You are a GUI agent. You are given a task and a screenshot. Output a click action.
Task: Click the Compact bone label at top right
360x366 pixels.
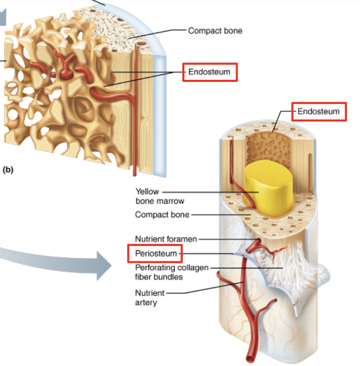coord(215,31)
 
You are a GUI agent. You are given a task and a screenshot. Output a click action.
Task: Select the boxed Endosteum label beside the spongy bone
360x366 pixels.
coord(210,73)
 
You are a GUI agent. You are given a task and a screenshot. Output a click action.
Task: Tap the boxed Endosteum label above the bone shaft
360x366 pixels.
coord(319,112)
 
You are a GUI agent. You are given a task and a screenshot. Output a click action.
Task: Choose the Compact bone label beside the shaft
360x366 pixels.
coord(162,214)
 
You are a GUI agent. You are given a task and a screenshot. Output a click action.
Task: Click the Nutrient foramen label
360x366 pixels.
coord(166,239)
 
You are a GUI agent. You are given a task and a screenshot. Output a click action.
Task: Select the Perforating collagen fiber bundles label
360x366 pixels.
coord(172,273)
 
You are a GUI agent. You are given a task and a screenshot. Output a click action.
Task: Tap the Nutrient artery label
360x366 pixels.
coord(150,298)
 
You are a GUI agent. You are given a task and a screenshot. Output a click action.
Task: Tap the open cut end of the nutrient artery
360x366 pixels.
coord(249,360)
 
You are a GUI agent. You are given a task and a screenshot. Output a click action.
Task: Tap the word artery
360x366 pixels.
coord(146,303)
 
